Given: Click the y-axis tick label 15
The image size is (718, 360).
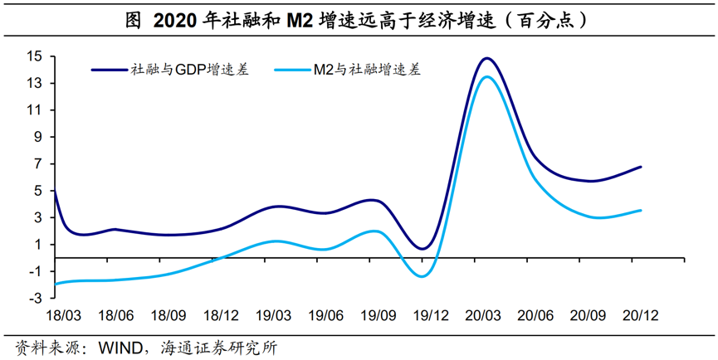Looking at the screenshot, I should (34, 56).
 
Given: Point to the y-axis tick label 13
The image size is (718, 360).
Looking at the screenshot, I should (34, 83).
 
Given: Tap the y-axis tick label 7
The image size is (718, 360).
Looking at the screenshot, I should (38, 163).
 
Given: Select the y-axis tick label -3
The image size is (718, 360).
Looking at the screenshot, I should (36, 298).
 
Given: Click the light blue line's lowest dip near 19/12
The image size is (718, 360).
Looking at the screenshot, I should (422, 276).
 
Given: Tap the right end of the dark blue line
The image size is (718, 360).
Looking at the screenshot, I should (641, 167).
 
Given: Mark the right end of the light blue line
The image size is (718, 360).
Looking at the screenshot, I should (641, 210).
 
